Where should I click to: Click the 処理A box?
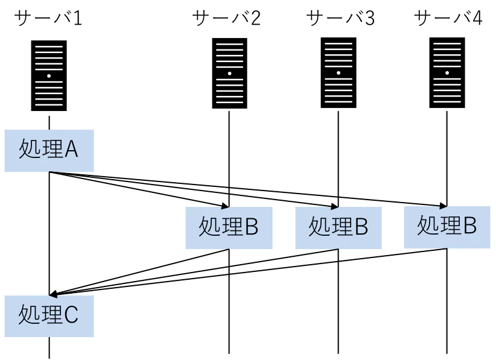pos(48,149)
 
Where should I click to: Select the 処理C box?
pos(48,315)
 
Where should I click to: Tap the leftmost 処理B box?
pos(229,227)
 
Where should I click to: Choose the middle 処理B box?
pos(340,227)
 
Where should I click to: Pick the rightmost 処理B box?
pos(447,226)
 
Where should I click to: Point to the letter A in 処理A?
pos(71,149)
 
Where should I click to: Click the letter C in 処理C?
pos(71,315)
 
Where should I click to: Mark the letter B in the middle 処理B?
pos(361,227)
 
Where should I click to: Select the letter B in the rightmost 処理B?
pos(469,226)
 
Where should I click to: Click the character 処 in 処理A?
pos(29,149)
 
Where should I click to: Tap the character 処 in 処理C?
pos(29,315)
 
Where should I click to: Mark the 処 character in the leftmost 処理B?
pos(209,227)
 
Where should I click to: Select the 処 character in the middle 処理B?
pos(319,227)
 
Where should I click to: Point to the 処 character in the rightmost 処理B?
pos(427,226)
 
